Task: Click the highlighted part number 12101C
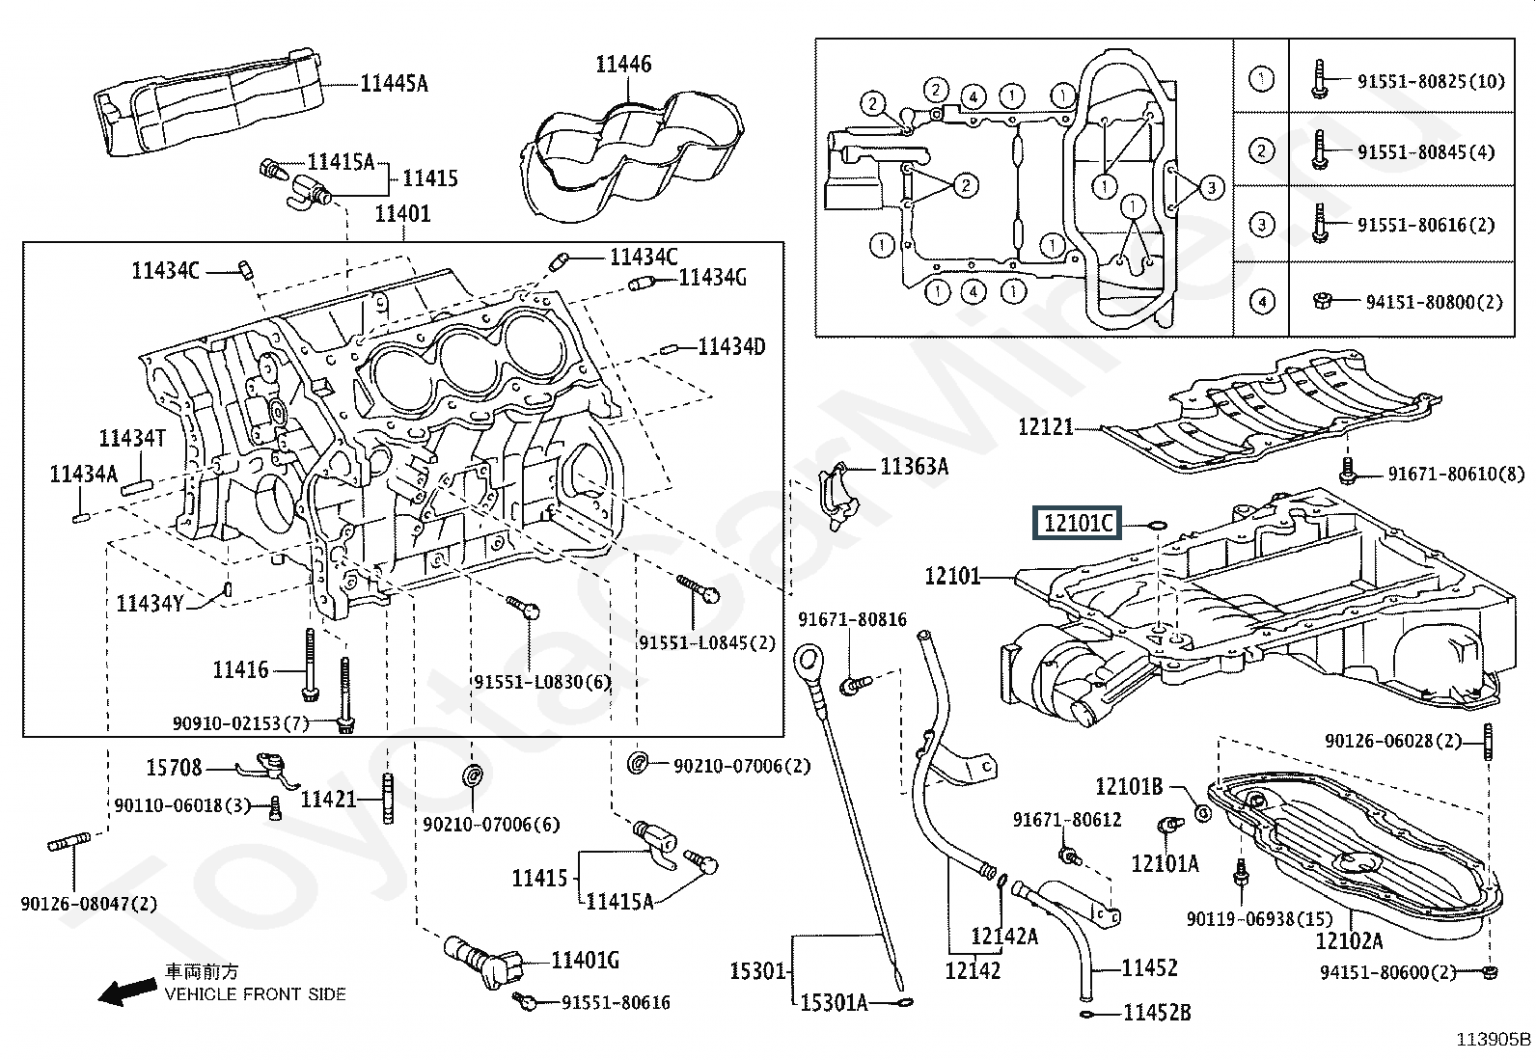coord(1078,524)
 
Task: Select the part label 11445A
coord(394,84)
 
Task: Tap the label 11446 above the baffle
coord(622,65)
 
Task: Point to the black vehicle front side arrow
coord(128,991)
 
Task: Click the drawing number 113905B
coord(1493,1039)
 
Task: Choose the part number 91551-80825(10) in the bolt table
coord(1430,81)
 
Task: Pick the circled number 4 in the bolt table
coord(1261,302)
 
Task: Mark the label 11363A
coord(914,468)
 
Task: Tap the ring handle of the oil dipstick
coord(808,664)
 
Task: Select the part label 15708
coord(174,768)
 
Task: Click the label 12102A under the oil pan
coord(1349,940)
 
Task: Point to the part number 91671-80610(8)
coord(1456,474)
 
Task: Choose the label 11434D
coord(731,346)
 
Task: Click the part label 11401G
coord(585,960)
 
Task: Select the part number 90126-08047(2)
coord(89,904)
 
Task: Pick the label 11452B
coord(1156,1013)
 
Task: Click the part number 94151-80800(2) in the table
coord(1434,302)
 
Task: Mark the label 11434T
coord(132,439)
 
